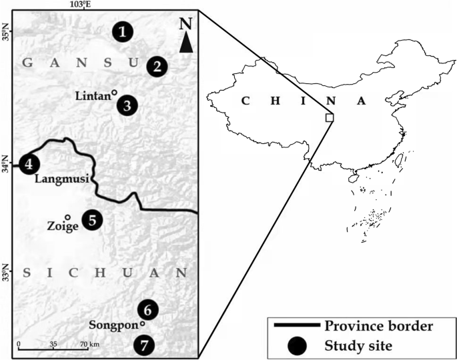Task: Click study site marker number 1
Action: pos(123,31)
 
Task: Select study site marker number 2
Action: pos(157,66)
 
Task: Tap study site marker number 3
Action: pos(127,105)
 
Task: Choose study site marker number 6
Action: pos(148,310)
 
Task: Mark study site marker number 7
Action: pos(143,345)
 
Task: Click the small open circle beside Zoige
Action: pos(67,217)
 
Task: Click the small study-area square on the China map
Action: pos(329,117)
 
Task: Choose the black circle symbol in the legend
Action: pos(298,345)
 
